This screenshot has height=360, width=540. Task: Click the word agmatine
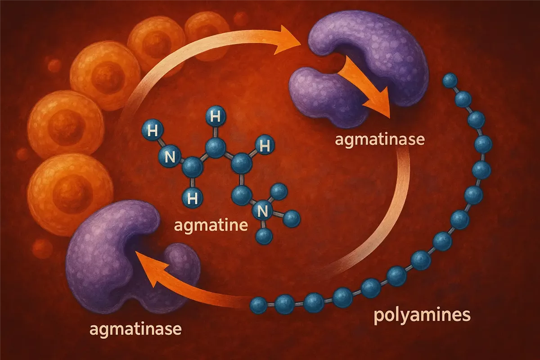coord(211,225)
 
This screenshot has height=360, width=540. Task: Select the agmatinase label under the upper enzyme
coord(380,140)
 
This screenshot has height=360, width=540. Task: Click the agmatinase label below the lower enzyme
coord(135,329)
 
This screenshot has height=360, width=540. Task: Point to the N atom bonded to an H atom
coord(170,157)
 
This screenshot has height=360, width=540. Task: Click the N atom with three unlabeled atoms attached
coord(262,211)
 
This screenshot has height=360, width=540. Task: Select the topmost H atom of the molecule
coord(216,116)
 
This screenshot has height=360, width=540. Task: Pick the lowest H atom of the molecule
coord(193,198)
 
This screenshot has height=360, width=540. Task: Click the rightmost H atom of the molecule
coord(265,145)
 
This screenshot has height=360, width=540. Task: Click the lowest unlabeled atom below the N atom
coord(264,236)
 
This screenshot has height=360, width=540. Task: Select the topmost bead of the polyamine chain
coord(450,81)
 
